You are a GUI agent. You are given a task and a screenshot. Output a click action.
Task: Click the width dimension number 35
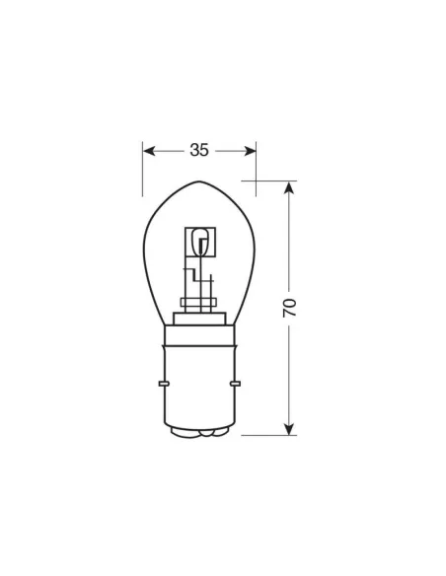pyautogui.click(x=199, y=151)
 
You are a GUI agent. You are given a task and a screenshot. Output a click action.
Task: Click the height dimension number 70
pyautogui.click(x=289, y=307)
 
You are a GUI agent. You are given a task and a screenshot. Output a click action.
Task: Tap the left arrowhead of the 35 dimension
pyautogui.click(x=149, y=151)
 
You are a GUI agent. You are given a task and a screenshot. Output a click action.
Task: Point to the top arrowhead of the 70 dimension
pyautogui.click(x=289, y=187)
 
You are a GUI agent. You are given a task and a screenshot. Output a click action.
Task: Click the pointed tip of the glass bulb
pyautogui.click(x=200, y=182)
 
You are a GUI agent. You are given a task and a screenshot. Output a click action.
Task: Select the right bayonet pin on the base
pyautogui.click(x=237, y=382)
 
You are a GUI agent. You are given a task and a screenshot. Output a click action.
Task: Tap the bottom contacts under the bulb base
pyautogui.click(x=200, y=432)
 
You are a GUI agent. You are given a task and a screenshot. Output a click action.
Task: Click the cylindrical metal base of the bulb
pyautogui.click(x=200, y=385)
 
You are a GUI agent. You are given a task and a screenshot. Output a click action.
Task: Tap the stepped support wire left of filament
pyautogui.click(x=186, y=276)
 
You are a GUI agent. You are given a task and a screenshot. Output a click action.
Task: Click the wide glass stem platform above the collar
pyautogui.click(x=200, y=317)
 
